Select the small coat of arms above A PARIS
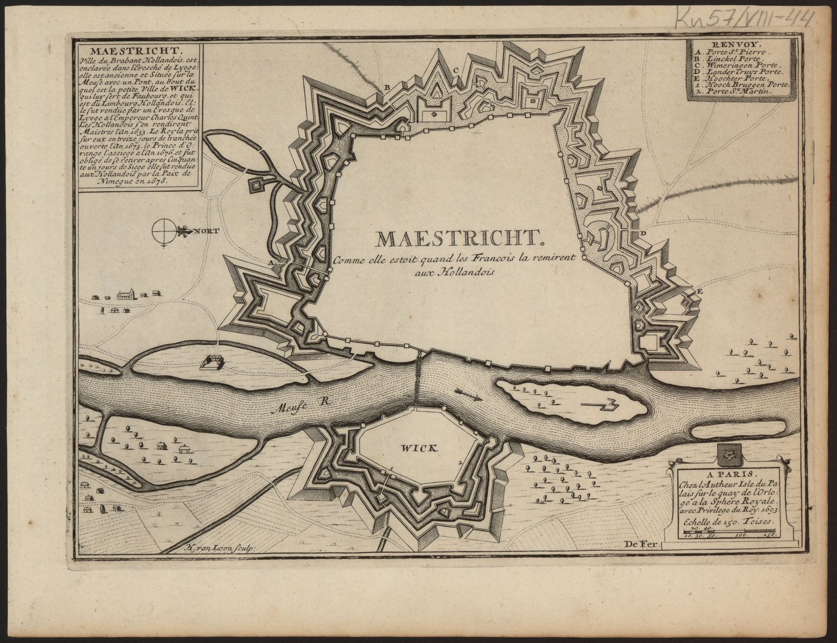[726, 455]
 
